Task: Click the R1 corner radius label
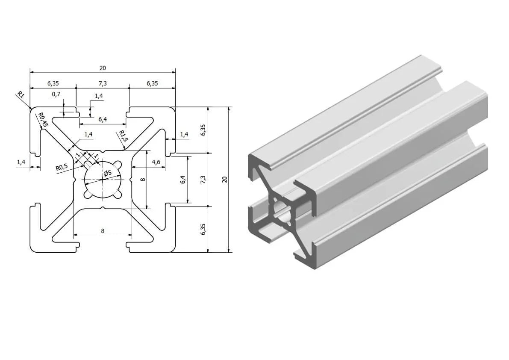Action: (x=21, y=95)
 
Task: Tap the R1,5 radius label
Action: (x=123, y=136)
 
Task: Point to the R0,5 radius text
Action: (x=62, y=167)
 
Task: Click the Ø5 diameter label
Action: (x=108, y=173)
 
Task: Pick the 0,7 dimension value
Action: (x=56, y=94)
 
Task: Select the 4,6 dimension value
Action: (x=156, y=162)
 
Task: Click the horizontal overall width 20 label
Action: (x=103, y=68)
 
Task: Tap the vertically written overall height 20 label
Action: (x=225, y=180)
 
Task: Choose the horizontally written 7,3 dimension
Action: (x=103, y=83)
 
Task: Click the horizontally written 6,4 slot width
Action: (x=103, y=119)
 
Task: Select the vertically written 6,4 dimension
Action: (x=183, y=180)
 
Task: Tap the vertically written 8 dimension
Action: (x=143, y=180)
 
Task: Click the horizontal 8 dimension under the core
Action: (x=103, y=230)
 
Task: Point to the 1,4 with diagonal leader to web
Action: (x=88, y=134)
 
